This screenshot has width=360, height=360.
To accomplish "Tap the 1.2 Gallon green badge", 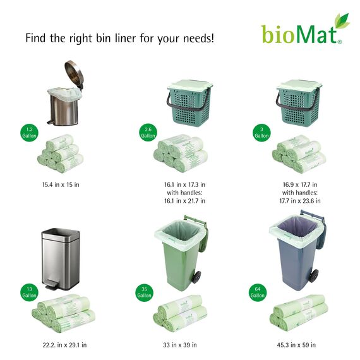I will pyautogui.click(x=28, y=134).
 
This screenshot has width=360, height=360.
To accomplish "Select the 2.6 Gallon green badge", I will pyautogui.click(x=148, y=133).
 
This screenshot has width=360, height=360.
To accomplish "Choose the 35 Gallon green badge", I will pyautogui.click(x=145, y=292).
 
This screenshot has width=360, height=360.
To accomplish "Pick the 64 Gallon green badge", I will pyautogui.click(x=257, y=292).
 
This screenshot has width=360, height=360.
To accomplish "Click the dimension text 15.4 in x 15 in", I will pyautogui.click(x=61, y=184).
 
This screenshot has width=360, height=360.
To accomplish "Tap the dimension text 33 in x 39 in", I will pyautogui.click(x=179, y=345).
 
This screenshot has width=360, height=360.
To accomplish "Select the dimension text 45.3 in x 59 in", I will pyautogui.click(x=296, y=345).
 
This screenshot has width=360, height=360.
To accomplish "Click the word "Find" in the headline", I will pyautogui.click(x=35, y=38).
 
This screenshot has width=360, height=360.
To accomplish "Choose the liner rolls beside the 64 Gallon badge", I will pyautogui.click(x=297, y=313).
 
